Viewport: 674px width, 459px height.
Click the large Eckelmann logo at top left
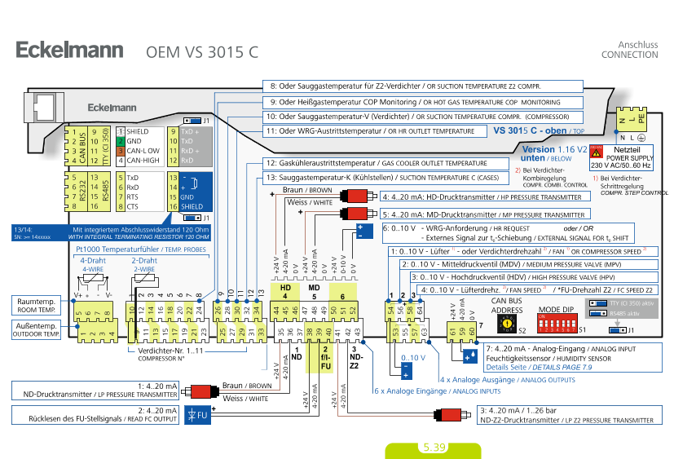click(x=69, y=51)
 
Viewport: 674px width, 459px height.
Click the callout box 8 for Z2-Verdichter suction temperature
click(x=424, y=86)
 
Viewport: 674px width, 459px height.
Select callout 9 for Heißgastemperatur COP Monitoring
click(x=424, y=103)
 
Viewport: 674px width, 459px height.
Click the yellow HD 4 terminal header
click(x=285, y=292)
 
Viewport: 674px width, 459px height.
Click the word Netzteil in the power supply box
click(x=628, y=151)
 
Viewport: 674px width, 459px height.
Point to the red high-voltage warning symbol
click(x=597, y=152)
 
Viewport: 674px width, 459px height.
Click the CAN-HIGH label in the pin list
click(x=143, y=161)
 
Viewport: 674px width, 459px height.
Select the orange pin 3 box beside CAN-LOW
click(x=120, y=151)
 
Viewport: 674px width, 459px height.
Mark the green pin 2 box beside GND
click(x=120, y=141)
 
